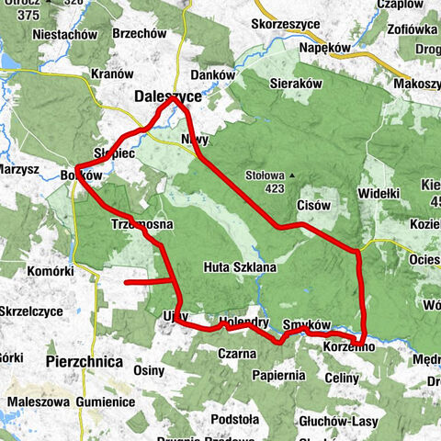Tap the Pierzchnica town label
[x=85, y=362]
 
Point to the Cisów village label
[x=313, y=205]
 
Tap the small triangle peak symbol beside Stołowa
[x=291, y=174]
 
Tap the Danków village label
[x=206, y=74]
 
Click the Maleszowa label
[x=34, y=402]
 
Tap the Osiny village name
[x=149, y=369]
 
